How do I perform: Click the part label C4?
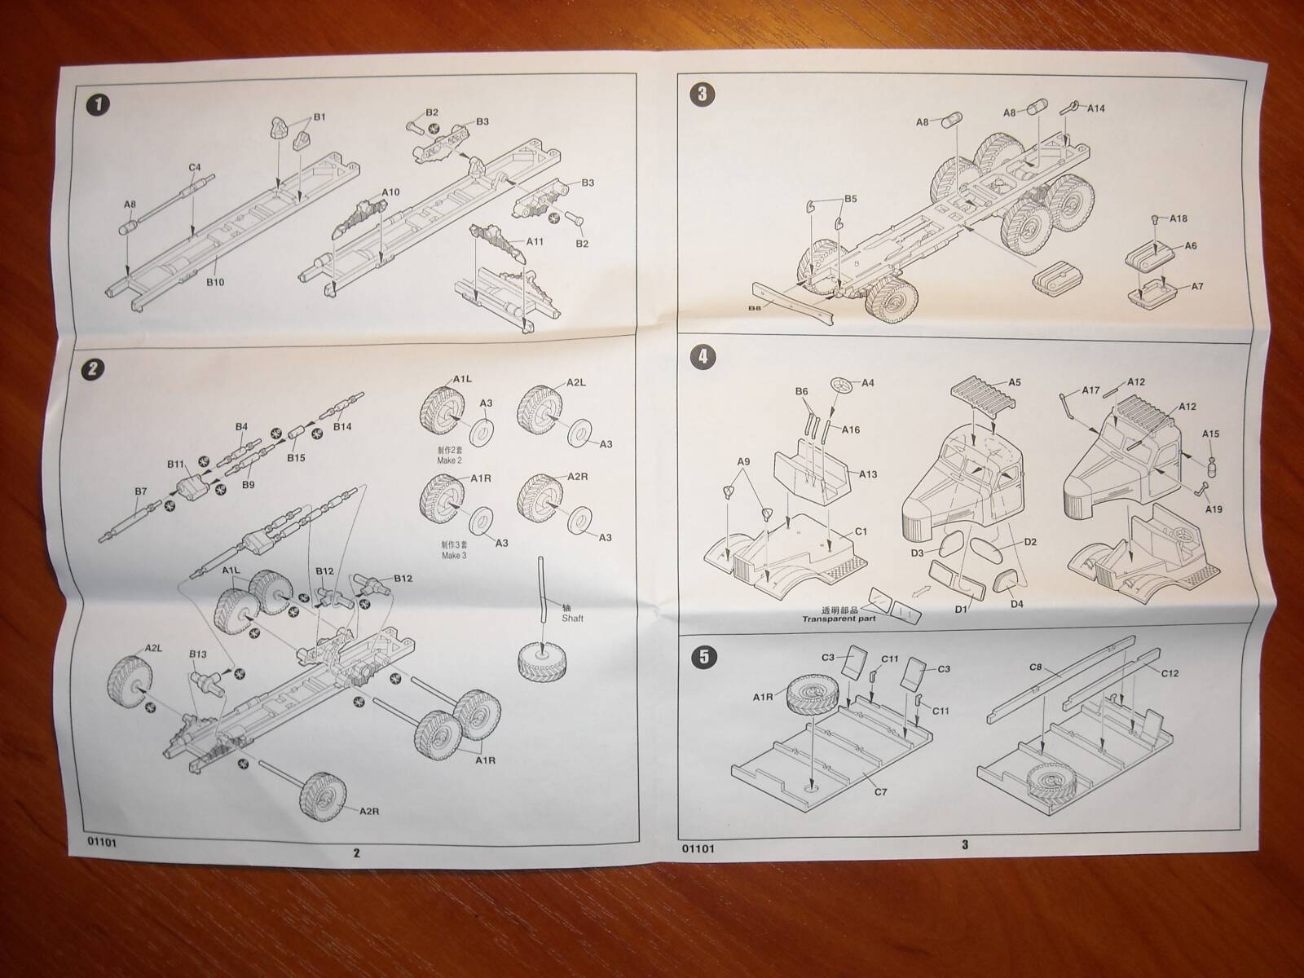[x=195, y=168]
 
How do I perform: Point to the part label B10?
[x=215, y=282]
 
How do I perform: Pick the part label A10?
[x=390, y=192]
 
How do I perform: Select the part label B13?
[x=198, y=654]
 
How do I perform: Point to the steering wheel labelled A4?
[x=842, y=385]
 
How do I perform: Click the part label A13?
[x=867, y=474]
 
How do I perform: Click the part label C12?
[x=1170, y=672]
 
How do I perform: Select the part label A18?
[x=1178, y=219]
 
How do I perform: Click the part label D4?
[x=1016, y=604]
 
